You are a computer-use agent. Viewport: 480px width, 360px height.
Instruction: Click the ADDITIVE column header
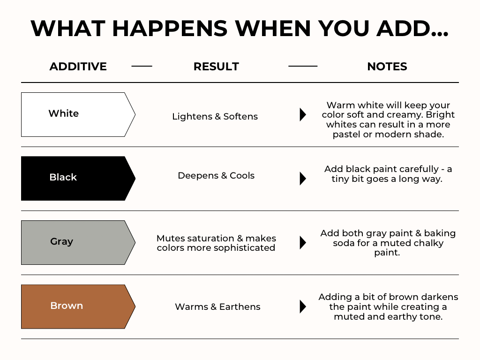pyautogui.click(x=78, y=67)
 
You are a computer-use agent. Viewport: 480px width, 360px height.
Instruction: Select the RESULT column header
pyautogui.click(x=216, y=67)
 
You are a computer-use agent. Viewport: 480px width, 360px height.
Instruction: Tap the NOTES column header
pyautogui.click(x=387, y=67)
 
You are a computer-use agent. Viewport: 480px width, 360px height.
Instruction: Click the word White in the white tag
pyautogui.click(x=64, y=113)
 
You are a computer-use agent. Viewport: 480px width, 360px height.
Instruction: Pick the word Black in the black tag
pyautogui.click(x=63, y=177)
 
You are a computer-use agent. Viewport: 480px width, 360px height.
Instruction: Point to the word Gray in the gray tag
pyautogui.click(x=61, y=241)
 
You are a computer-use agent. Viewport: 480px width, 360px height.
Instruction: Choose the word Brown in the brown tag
pyautogui.click(x=67, y=306)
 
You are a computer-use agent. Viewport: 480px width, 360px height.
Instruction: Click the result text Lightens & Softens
pyautogui.click(x=215, y=116)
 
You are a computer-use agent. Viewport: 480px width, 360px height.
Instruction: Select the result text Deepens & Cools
pyautogui.click(x=216, y=175)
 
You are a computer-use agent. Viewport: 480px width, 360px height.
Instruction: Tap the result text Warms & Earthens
pyautogui.click(x=217, y=307)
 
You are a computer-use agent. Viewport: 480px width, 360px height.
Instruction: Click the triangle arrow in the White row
pyautogui.click(x=303, y=114)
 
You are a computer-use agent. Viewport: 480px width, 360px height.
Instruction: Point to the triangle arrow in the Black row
pyautogui.click(x=303, y=179)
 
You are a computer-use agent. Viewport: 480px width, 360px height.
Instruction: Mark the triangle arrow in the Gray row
pyautogui.click(x=303, y=242)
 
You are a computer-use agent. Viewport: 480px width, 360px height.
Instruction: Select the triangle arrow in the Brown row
pyautogui.click(x=303, y=307)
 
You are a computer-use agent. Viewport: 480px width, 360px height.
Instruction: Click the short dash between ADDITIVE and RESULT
pyautogui.click(x=142, y=66)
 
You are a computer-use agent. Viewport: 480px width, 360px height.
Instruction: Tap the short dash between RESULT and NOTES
pyautogui.click(x=303, y=66)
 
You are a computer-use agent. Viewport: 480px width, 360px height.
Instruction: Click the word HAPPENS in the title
pyautogui.click(x=170, y=29)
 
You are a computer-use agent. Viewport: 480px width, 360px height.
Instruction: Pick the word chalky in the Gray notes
pyautogui.click(x=427, y=243)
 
